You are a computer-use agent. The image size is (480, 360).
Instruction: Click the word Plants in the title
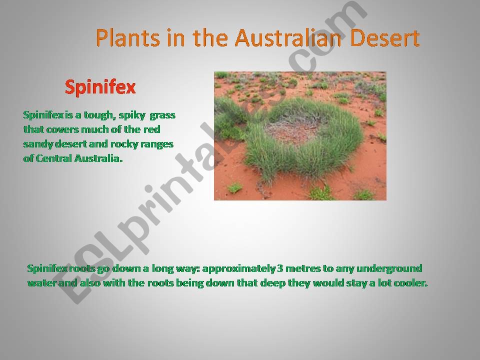point(128,38)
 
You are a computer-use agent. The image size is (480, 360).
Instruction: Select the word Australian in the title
point(288,38)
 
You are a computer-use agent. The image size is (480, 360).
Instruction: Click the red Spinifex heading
point(100,88)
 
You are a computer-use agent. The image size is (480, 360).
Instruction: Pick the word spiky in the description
point(132,115)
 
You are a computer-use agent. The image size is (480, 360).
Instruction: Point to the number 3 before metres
point(280,269)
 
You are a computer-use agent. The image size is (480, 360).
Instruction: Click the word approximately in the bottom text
point(239,269)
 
